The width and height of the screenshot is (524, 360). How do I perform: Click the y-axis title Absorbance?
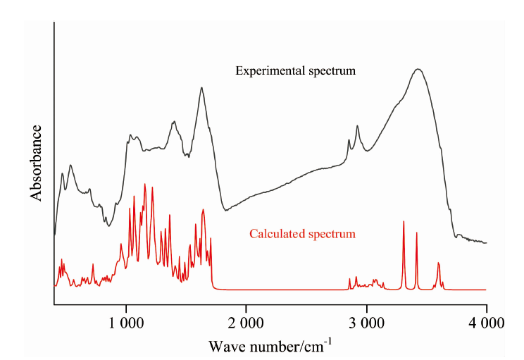click(37, 163)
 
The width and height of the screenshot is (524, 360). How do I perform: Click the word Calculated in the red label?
click(275, 233)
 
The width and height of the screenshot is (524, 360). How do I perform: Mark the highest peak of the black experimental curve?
click(418, 69)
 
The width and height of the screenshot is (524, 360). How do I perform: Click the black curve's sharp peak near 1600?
click(201, 88)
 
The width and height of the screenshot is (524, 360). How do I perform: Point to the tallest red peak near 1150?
click(145, 185)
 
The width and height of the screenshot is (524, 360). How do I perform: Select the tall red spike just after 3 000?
click(404, 222)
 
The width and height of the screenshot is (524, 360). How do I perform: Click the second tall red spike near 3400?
click(416, 232)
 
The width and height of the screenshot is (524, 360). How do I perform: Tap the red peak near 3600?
click(438, 263)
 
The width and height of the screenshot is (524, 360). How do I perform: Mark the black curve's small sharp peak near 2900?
click(358, 126)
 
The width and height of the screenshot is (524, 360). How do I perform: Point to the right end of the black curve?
click(486, 242)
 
